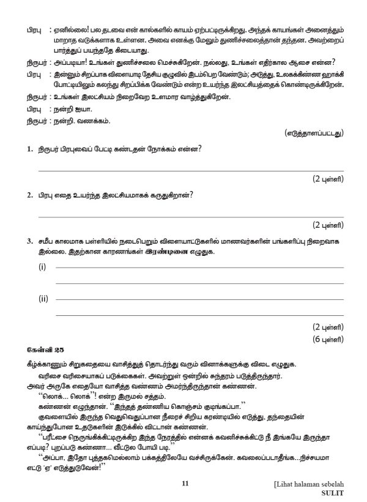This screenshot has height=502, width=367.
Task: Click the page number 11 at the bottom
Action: (184, 485)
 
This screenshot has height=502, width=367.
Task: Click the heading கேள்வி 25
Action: (41, 350)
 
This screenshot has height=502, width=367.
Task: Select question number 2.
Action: (29, 195)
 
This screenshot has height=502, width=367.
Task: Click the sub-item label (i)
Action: (42, 268)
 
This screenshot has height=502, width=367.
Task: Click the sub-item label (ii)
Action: (43, 299)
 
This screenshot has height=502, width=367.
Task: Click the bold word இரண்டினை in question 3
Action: (174, 252)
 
